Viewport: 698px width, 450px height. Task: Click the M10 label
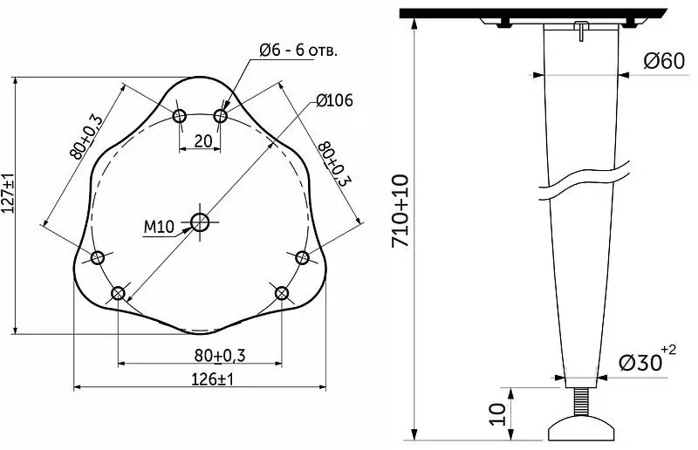pyautogui.click(x=159, y=227)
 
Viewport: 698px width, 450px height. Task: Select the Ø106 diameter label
pyautogui.click(x=335, y=100)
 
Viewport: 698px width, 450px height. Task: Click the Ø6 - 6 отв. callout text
pyautogui.click(x=298, y=51)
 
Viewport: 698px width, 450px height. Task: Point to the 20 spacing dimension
pyautogui.click(x=203, y=141)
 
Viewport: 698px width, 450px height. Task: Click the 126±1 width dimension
pyautogui.click(x=212, y=379)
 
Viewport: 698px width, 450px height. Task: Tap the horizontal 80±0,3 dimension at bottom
pyautogui.click(x=220, y=356)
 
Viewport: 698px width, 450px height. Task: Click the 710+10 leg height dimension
pyautogui.click(x=400, y=211)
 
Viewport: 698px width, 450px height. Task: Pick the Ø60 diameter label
pyautogui.click(x=664, y=61)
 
